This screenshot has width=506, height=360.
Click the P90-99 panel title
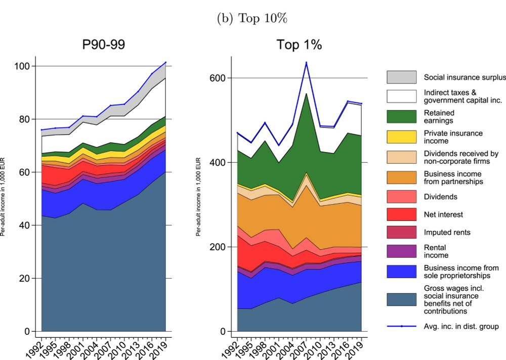tap(104, 44)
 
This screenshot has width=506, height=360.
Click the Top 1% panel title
tap(299, 44)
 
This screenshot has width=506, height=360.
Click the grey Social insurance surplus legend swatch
tap(401, 77)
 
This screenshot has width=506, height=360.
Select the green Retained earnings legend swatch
tap(401, 117)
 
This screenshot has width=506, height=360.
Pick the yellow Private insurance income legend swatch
tap(401, 137)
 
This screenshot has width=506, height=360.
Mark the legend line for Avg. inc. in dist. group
tap(401, 326)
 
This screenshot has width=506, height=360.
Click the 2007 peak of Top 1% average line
tap(306, 62)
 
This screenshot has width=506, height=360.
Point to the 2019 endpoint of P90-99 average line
tap(165, 63)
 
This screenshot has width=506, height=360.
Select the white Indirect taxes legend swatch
tap(401, 96)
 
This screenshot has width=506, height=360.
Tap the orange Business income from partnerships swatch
tap(401, 177)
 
